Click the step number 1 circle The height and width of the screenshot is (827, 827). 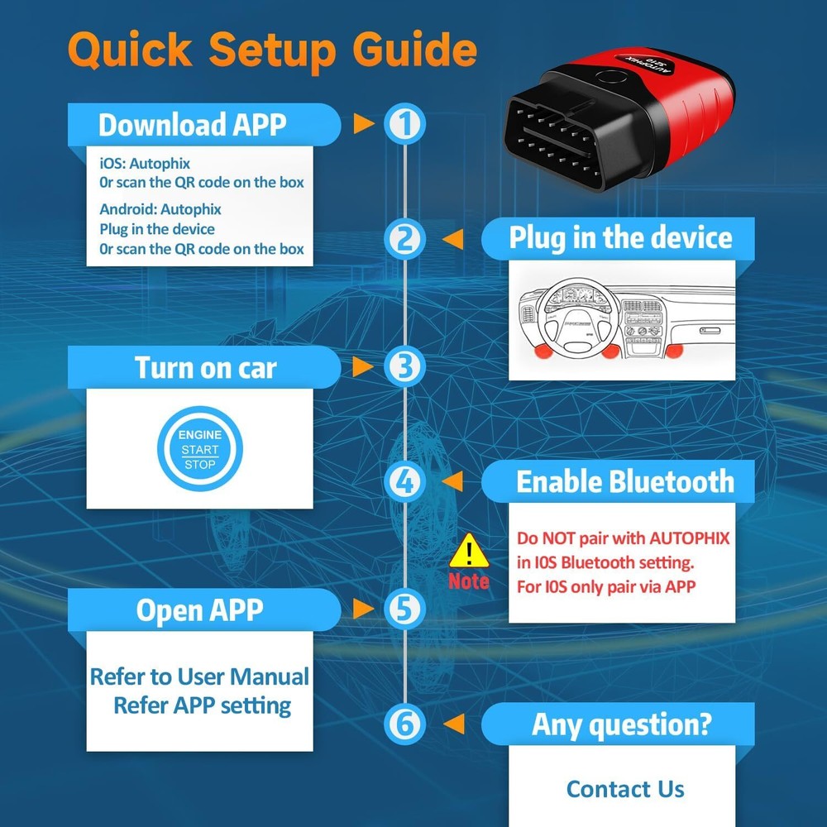[404, 125]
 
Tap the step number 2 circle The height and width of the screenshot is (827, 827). [404, 239]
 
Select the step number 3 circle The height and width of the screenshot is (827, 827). [404, 366]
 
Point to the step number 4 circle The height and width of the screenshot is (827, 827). [404, 481]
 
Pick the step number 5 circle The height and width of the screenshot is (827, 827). [404, 609]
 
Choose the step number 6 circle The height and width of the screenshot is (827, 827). [404, 724]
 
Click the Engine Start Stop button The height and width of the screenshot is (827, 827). [200, 449]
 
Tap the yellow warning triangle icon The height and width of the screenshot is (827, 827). [470, 548]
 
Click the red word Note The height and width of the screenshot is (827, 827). [469, 581]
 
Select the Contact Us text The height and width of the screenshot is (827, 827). [625, 789]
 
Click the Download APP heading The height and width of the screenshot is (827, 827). [192, 125]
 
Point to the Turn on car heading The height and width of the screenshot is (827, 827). [205, 367]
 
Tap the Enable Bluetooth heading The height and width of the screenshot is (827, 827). [625, 481]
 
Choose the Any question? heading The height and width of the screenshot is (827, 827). [621, 724]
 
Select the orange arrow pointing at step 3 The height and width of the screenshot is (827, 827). [363, 366]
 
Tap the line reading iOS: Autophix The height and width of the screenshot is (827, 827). [145, 164]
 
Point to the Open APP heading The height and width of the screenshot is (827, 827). [199, 610]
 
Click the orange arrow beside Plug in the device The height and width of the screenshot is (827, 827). [452, 239]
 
